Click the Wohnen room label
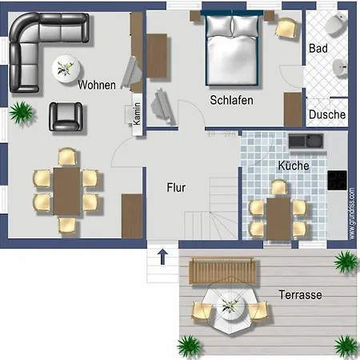pos(97,85)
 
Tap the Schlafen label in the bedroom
pos(231,100)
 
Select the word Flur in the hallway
pos(176,187)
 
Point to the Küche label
pos(294,166)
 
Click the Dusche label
pos(327,114)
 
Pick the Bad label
pos(318,49)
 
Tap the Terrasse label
pos(300,295)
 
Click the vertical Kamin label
pos(137,114)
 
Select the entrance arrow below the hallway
pos(162,257)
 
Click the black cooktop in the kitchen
pos(338,180)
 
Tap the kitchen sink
pos(306,141)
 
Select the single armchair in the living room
pos(66,117)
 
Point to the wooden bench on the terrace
pos(222,270)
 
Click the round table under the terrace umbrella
pos(231,306)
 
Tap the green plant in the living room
pos(22,112)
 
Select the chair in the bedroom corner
pos(286,28)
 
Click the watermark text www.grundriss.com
pos(352,214)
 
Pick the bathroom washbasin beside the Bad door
pos(340,67)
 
